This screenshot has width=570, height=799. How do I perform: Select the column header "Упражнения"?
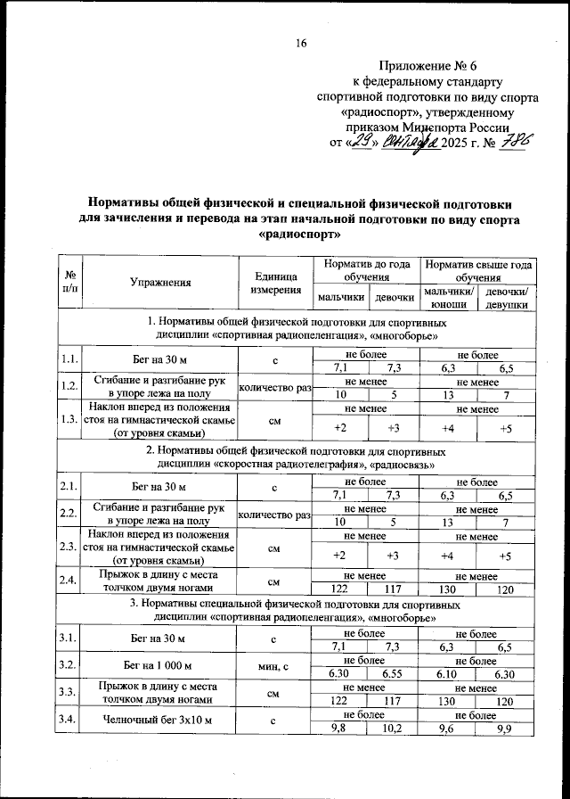click(161, 283)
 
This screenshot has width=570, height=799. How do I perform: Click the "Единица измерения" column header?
click(275, 283)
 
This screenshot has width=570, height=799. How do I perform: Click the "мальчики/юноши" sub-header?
click(449, 298)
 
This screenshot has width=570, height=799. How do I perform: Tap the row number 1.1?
click(69, 360)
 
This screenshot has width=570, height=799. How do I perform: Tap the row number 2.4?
click(69, 581)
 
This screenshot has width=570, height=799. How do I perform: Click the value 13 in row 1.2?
click(449, 395)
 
